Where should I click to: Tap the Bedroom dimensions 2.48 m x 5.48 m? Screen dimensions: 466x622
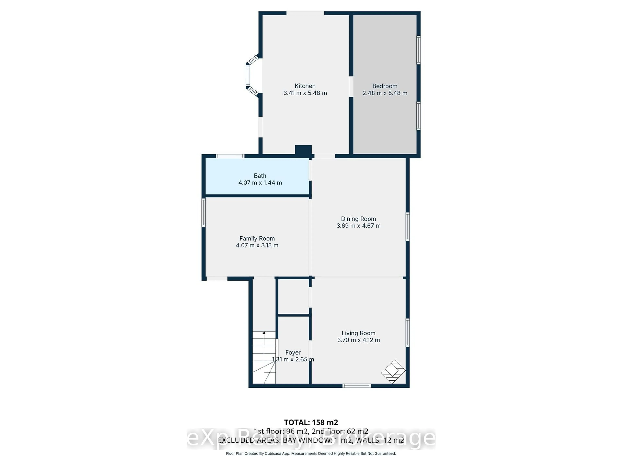385,93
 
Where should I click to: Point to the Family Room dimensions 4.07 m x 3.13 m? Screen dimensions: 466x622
257,245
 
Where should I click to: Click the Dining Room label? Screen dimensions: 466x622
358,219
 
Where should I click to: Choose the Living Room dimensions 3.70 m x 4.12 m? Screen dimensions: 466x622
358,340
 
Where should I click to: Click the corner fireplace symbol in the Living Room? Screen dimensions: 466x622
393,371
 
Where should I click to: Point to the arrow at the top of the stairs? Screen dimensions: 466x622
264,333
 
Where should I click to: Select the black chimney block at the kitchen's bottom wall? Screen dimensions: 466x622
303,150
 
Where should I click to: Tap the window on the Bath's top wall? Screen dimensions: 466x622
230,156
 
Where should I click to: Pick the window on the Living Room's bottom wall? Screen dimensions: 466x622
357,386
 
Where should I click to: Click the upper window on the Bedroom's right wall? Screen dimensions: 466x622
418,50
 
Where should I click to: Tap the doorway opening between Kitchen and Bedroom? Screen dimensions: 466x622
351,87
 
